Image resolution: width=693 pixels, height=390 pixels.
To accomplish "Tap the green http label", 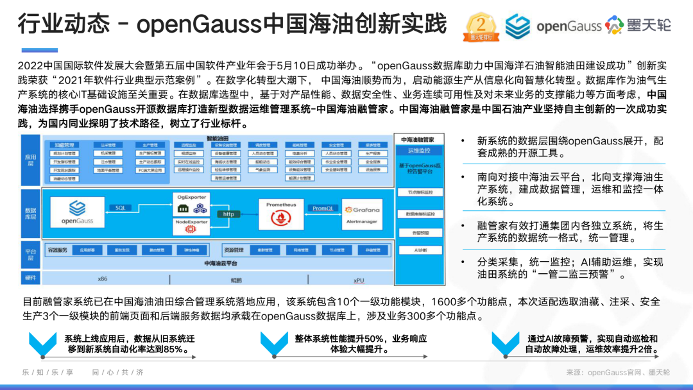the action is click(228, 214).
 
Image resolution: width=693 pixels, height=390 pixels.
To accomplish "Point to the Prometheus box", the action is click(281, 212).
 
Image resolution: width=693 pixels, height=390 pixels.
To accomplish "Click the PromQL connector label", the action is click(323, 208).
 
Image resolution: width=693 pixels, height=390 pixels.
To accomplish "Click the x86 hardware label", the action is click(103, 279).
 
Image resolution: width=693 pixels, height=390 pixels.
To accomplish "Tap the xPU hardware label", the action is click(359, 280).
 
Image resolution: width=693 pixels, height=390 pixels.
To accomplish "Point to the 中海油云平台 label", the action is click(220, 263).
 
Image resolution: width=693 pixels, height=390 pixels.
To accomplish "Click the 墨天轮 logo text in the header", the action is click(647, 25).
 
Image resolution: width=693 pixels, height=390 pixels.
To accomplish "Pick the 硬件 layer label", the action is click(30, 278).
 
